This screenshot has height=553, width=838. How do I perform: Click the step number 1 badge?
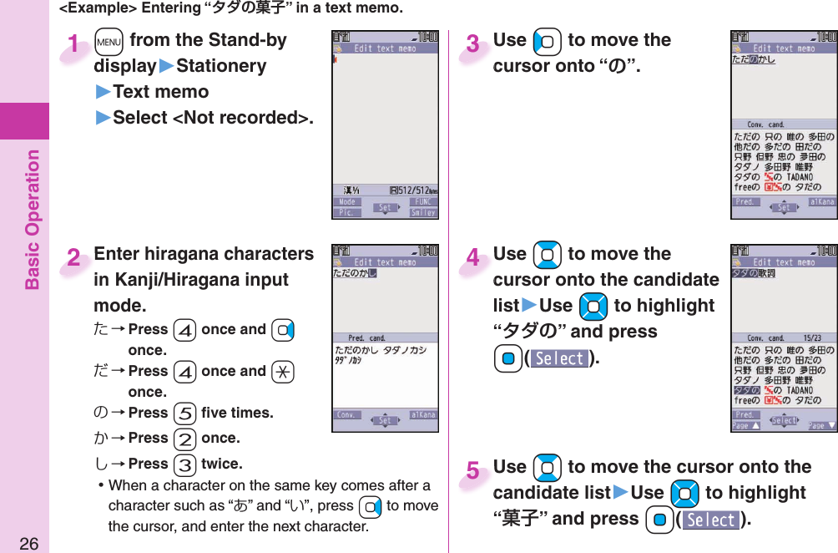[x=76, y=44]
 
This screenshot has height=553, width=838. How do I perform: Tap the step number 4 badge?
[x=473, y=258]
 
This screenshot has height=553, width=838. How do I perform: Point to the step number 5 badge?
[x=473, y=471]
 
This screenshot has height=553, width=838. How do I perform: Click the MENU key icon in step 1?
[x=109, y=41]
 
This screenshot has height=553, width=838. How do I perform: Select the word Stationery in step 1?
[x=222, y=66]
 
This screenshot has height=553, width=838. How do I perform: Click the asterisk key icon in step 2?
[x=282, y=372]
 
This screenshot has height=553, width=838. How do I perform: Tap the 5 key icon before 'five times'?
[x=184, y=413]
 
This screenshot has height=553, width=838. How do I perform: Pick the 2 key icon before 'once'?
[x=184, y=439]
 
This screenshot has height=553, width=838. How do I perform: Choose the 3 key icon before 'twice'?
[x=184, y=464]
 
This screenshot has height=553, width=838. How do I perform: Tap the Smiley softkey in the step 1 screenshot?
[x=423, y=213]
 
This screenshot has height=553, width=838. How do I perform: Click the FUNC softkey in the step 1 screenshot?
[x=425, y=202]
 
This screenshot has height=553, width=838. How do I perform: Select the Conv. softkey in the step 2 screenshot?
[x=348, y=415]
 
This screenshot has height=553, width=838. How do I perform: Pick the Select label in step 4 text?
[x=559, y=358]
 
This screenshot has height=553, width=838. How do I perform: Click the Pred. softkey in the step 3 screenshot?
[x=745, y=201]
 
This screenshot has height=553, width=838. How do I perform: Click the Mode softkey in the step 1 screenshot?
[x=347, y=202]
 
